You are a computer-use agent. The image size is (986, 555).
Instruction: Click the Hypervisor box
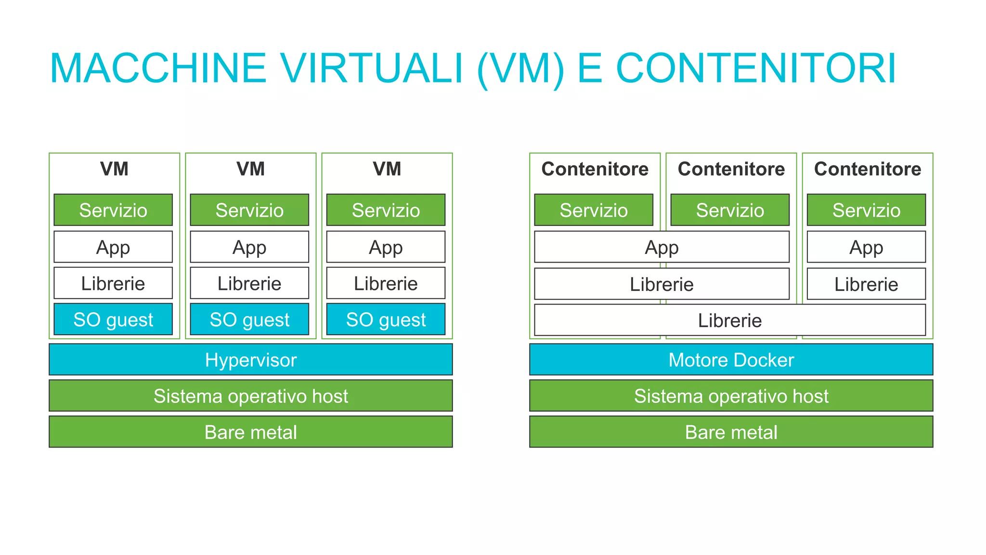pos(250,359)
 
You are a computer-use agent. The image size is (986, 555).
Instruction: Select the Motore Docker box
pos(731,359)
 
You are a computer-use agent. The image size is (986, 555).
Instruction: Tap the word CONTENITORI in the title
pos(756,68)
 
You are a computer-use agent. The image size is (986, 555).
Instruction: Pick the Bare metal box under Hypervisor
pos(250,432)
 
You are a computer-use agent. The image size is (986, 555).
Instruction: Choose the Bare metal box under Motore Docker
pos(731,432)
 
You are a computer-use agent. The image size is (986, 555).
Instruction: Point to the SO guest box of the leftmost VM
pos(113,319)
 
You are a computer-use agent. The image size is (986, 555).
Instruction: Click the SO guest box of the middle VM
pos(249,319)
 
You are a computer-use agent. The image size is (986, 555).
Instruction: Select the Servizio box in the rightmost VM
pos(386,210)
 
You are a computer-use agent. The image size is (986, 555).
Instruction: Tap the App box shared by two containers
pos(662,247)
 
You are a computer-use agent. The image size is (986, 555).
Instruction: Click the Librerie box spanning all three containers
pos(730,320)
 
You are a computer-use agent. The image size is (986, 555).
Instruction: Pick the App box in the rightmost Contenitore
pos(866,247)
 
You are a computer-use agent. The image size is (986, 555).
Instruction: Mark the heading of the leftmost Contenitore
pos(595,169)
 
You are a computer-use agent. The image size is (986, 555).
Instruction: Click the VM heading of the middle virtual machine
pos(250,169)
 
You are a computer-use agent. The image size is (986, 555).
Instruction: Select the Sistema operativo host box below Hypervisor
pos(250,396)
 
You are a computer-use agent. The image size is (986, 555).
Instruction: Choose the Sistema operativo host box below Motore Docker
pos(731,396)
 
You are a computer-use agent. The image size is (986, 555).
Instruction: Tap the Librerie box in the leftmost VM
pos(113,283)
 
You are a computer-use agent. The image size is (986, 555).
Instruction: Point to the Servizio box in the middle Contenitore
pos(730,210)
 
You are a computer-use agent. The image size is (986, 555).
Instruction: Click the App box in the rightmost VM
pos(386,247)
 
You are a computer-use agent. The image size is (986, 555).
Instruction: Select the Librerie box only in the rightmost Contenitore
pos(866,284)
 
